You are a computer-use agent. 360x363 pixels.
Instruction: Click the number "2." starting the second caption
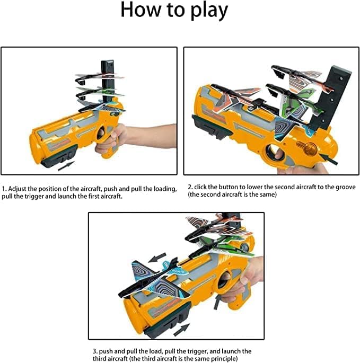click(190, 188)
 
